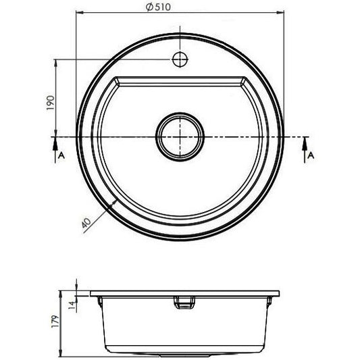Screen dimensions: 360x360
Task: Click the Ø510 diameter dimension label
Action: tap(158, 7)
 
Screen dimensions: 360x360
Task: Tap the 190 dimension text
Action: tap(51, 103)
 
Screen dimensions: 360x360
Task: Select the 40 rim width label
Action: tap(86, 222)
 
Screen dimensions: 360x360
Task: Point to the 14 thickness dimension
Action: tap(72, 305)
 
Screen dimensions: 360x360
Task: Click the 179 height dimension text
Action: tap(55, 322)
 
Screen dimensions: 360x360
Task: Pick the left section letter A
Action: tap(61, 155)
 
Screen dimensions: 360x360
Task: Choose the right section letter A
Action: tap(311, 155)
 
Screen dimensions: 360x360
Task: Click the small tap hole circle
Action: tap(180, 59)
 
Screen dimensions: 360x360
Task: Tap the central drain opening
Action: tap(180, 137)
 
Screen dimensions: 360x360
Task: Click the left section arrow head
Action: tap(55, 144)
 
